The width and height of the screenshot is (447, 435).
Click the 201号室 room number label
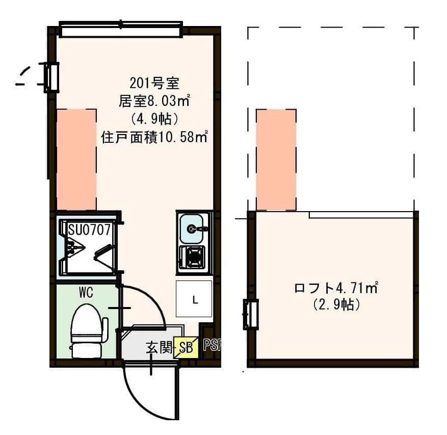click(x=153, y=83)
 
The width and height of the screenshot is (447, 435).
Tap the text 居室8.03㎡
click(x=154, y=101)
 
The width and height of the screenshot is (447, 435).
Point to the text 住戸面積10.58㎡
click(x=154, y=137)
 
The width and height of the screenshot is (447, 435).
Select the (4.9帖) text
click(x=154, y=119)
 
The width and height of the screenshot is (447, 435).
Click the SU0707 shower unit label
click(x=89, y=230)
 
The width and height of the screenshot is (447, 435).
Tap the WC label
click(x=85, y=293)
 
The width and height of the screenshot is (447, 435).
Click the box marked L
click(x=194, y=299)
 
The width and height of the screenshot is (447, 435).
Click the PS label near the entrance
click(x=211, y=345)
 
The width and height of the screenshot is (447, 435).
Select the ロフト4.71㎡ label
click(x=335, y=288)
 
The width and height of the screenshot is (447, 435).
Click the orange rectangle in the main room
click(x=76, y=159)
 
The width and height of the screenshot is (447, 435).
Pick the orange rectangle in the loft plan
click(x=276, y=160)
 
